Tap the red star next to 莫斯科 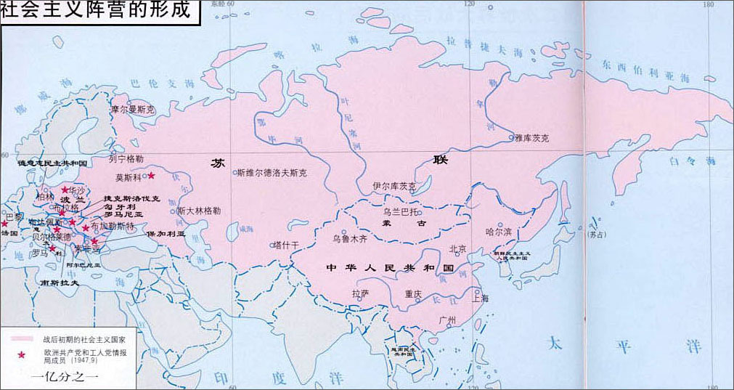click(x=151, y=175)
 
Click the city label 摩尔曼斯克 click(x=133, y=110)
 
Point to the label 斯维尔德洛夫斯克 click(x=272, y=174)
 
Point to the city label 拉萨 click(x=361, y=294)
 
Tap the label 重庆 click(x=413, y=294)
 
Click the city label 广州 click(x=446, y=320)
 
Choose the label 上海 click(x=480, y=297)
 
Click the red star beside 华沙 click(x=65, y=190)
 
